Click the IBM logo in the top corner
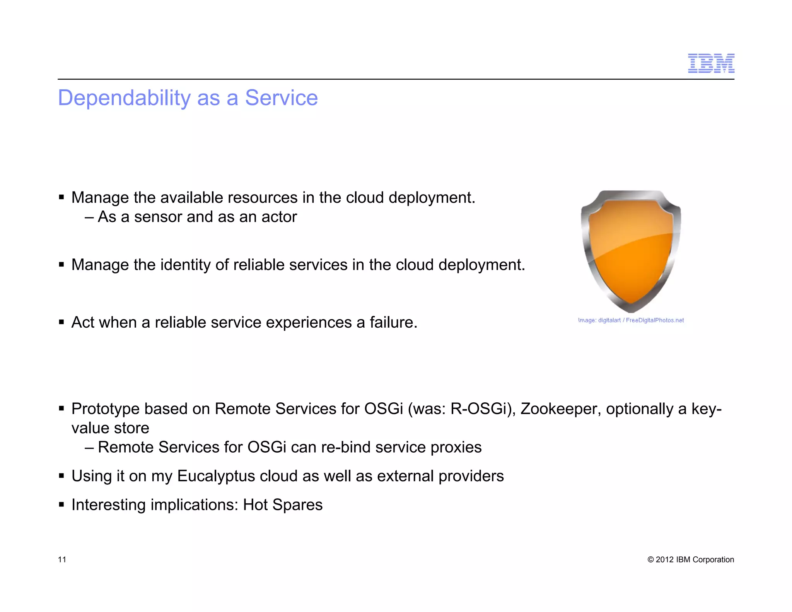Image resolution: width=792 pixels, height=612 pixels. [x=711, y=63]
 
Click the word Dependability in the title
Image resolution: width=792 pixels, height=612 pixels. [x=124, y=98]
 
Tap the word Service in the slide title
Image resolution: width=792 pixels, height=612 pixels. [x=281, y=98]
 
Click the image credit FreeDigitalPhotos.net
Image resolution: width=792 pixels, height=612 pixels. [x=654, y=320]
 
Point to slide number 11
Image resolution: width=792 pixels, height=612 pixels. [x=62, y=559]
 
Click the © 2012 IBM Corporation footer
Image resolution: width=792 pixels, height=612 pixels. [x=690, y=559]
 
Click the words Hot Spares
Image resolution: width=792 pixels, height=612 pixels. [x=283, y=505]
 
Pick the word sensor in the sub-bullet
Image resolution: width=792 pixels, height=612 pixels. [x=158, y=217]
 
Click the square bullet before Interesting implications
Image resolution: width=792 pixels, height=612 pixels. [x=61, y=504]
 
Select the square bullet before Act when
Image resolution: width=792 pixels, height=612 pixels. [x=61, y=322]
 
